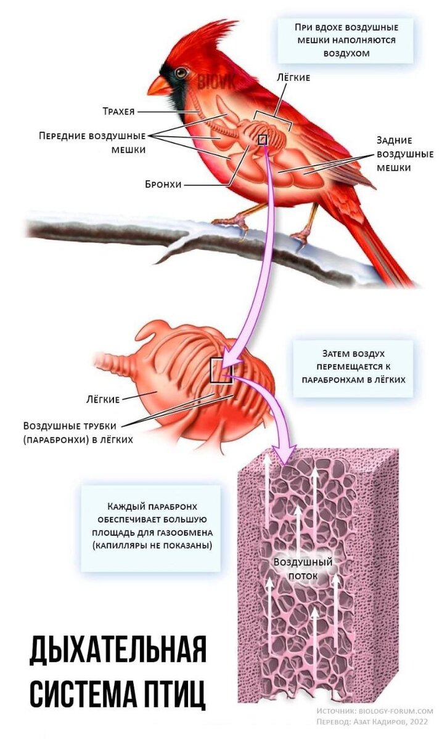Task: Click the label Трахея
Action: click(118, 111)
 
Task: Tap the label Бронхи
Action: click(163, 184)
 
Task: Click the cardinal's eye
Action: click(181, 73)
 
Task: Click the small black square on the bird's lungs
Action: click(263, 140)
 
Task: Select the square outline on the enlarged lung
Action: click(221, 371)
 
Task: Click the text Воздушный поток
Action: click(303, 569)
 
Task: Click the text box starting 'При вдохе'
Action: click(346, 40)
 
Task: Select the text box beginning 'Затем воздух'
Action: click(353, 367)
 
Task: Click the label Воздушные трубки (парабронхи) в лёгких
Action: click(78, 432)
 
